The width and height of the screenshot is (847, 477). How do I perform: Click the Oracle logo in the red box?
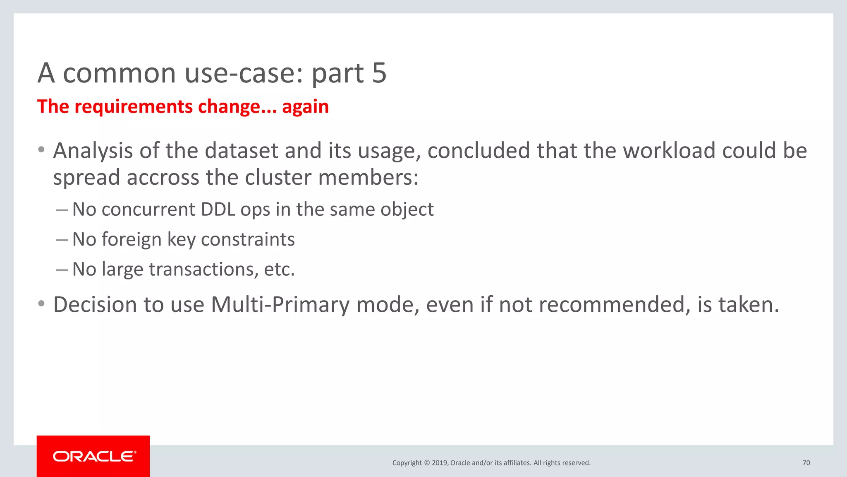click(94, 456)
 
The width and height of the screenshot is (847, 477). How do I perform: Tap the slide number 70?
click(806, 463)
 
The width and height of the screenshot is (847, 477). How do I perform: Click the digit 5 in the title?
click(379, 73)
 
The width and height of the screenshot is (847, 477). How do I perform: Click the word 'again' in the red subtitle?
click(305, 107)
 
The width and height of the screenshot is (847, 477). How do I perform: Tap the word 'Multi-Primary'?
click(280, 305)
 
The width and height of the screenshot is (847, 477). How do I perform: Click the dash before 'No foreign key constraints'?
click(62, 240)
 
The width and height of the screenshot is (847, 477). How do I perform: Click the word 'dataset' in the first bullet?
click(241, 151)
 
